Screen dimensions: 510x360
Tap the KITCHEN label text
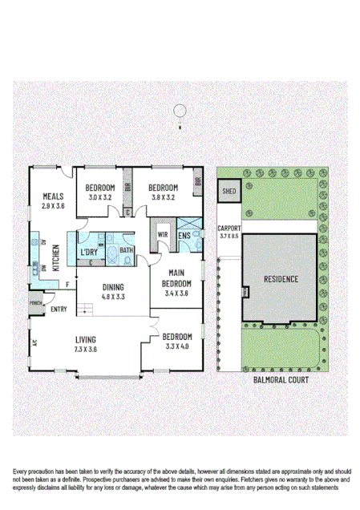click(56, 257)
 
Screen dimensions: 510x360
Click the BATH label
click(127, 250)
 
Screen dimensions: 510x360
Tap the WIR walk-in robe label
click(163, 235)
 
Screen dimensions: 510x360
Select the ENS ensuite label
click(184, 236)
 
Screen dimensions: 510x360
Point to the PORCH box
click(36, 303)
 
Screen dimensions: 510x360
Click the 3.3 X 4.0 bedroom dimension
click(175, 347)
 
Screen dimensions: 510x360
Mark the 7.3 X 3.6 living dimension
click(86, 349)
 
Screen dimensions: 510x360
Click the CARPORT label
click(229, 229)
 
